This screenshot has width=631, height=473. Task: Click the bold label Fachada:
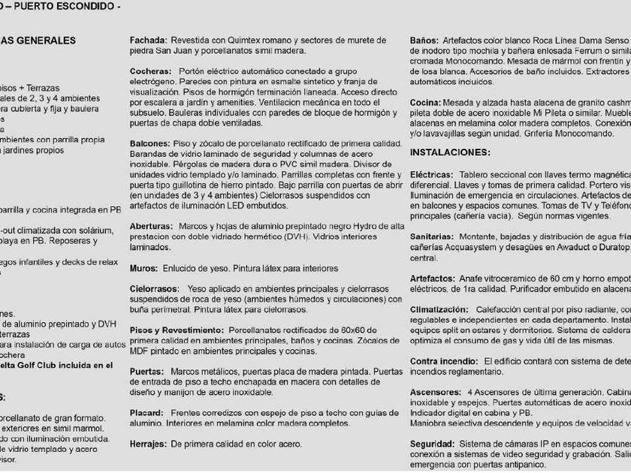click(x=148, y=41)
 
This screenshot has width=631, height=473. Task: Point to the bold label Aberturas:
click(x=152, y=226)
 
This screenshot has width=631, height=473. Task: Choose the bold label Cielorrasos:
click(x=155, y=289)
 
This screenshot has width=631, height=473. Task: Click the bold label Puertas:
click(x=148, y=372)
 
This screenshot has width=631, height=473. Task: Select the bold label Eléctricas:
click(x=431, y=174)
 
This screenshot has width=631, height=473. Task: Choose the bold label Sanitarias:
click(x=433, y=236)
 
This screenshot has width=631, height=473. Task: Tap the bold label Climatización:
click(x=439, y=309)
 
